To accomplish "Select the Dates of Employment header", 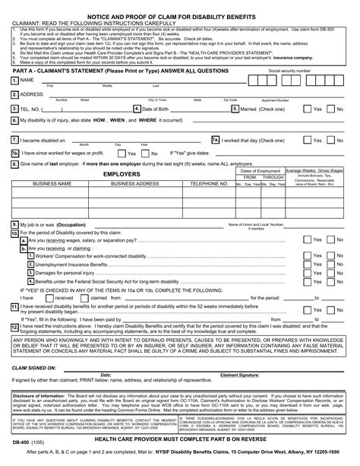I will [259, 171].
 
